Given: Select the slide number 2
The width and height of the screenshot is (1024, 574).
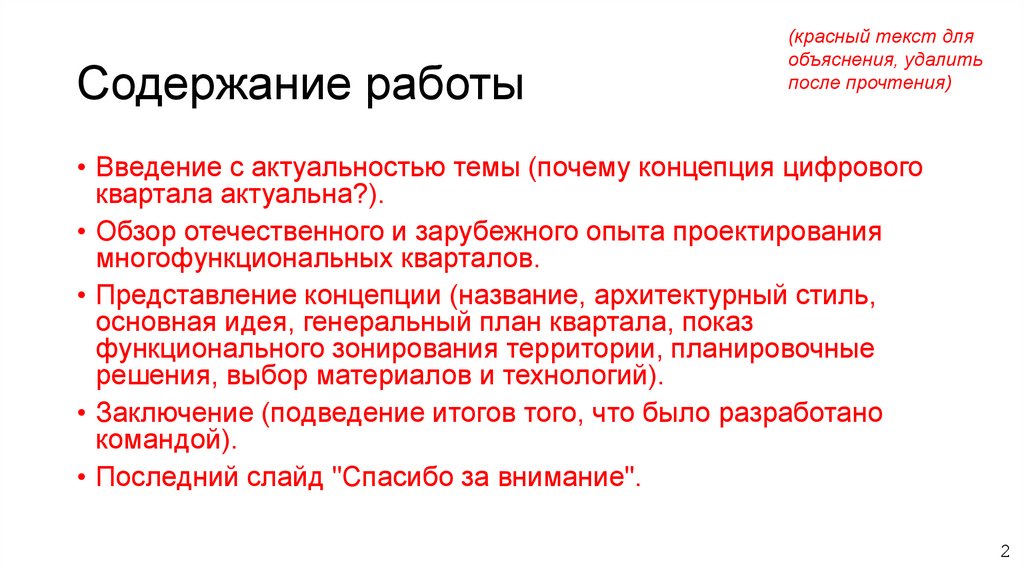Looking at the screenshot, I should (1004, 550).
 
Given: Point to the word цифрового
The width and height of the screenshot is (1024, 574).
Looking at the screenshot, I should (849, 166).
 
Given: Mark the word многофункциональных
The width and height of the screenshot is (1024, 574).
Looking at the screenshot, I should (239, 259).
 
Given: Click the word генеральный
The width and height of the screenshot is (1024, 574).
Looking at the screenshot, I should (372, 323).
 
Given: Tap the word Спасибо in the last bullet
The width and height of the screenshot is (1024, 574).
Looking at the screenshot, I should (394, 477).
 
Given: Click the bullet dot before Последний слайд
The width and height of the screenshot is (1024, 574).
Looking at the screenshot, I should (81, 478).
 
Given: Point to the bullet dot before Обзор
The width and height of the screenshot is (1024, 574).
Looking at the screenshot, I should (81, 233).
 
